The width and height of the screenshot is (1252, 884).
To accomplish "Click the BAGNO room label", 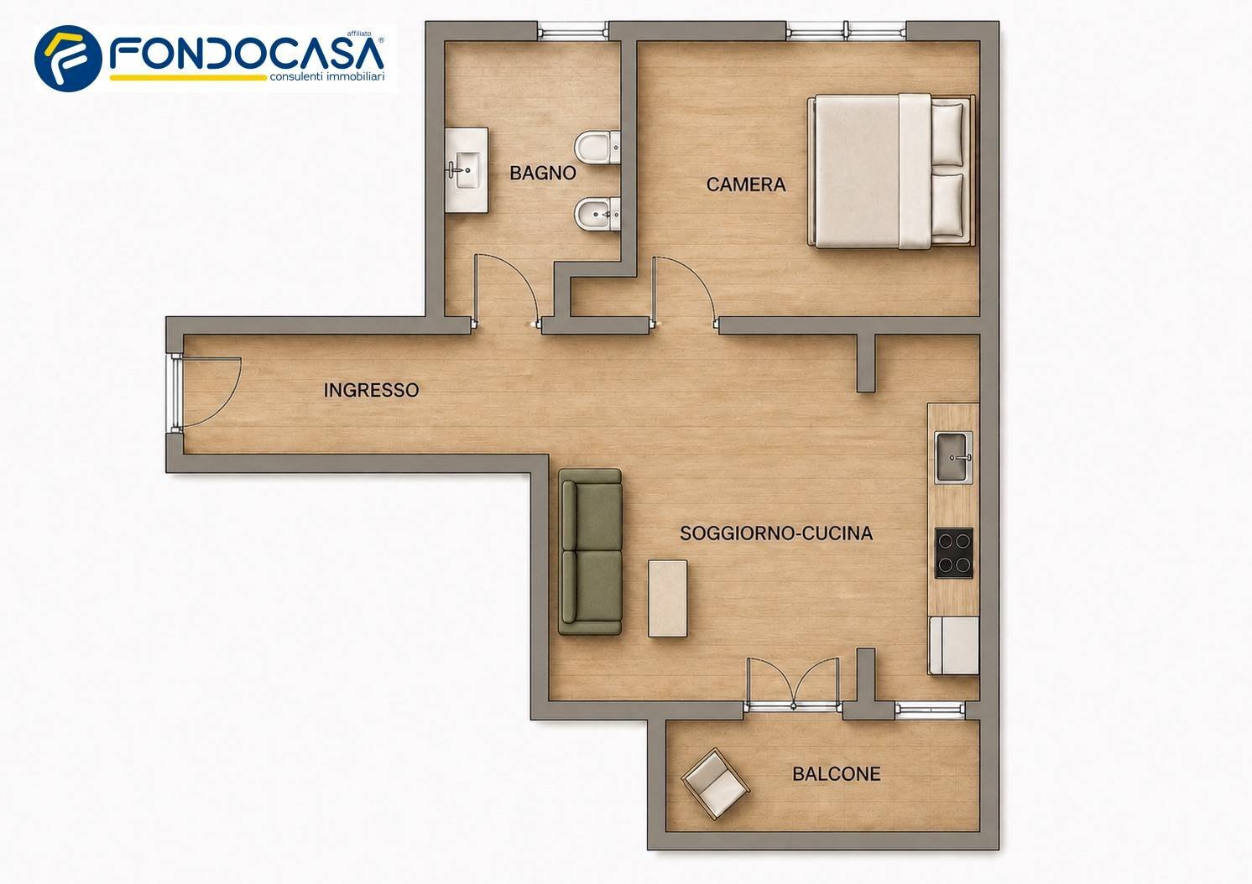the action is point(543,174).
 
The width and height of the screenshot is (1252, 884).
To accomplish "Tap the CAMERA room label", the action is point(746,185).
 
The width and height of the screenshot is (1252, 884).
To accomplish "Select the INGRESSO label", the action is point(371,390).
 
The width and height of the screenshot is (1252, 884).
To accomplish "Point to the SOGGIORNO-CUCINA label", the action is point(776,533).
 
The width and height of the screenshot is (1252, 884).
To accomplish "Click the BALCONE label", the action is point(836,774).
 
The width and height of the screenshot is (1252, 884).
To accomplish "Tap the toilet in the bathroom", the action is point(597,148).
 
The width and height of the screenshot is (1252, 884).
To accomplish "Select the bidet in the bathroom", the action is point(597,214).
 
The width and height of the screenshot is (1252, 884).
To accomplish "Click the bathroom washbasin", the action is point(467,170).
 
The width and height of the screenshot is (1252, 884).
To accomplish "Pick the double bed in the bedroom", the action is point(891,170).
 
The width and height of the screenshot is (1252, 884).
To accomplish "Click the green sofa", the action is point(590,552).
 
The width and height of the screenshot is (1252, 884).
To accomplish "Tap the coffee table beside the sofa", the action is point(667,599).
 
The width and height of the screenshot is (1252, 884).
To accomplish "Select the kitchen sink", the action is point(953,458).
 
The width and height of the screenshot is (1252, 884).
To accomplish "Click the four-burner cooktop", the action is point(954,553).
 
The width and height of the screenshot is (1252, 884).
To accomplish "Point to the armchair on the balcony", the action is point(715,784).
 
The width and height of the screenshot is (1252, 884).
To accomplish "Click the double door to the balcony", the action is point(793,683).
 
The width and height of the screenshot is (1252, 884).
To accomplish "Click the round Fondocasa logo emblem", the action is point(68,58).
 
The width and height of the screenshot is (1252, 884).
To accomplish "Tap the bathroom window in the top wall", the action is point(573,31).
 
